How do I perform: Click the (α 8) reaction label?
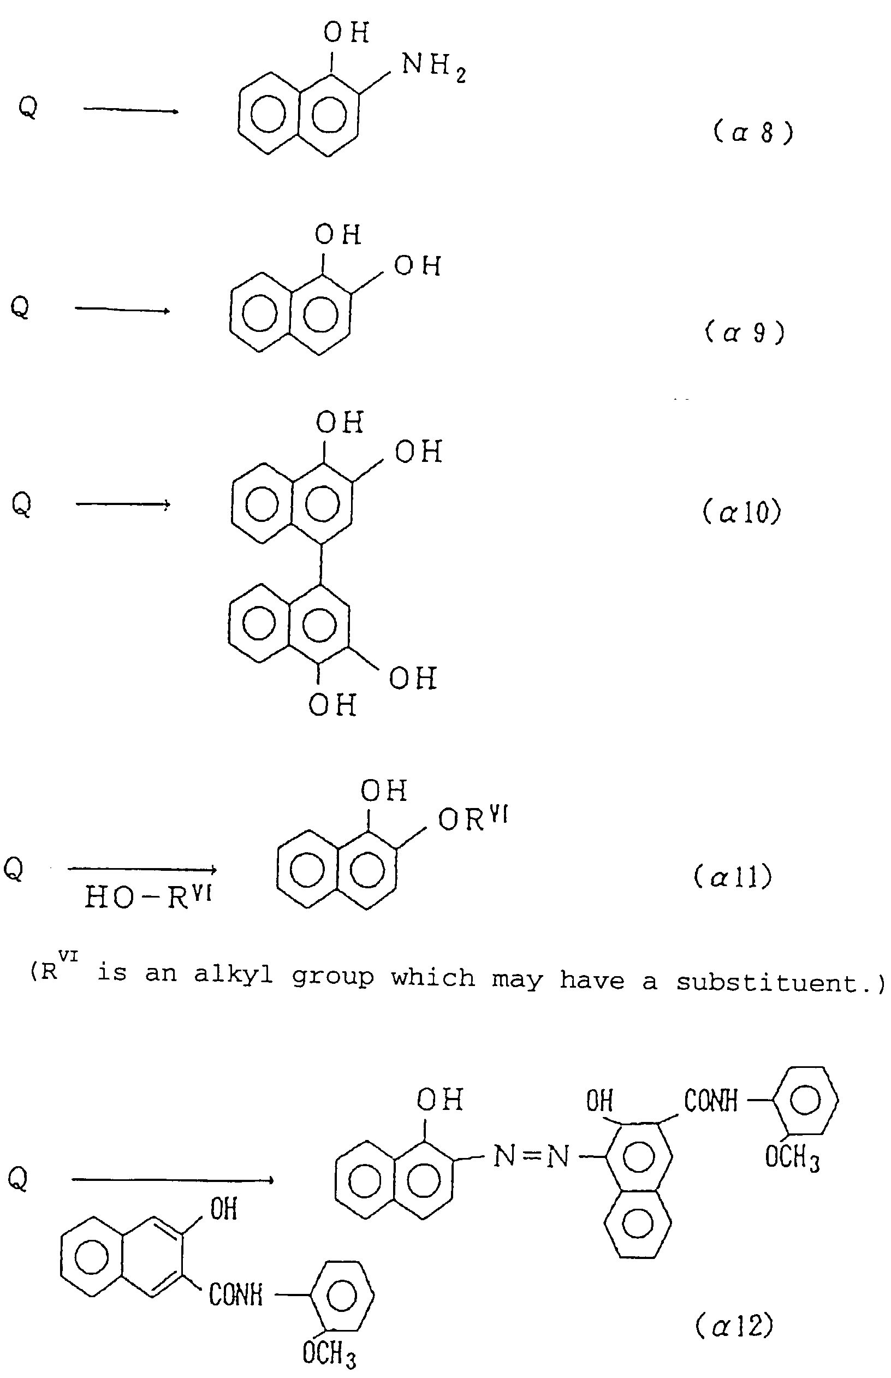[x=753, y=133]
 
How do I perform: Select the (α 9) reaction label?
[x=745, y=332]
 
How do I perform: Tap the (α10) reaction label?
[x=742, y=512]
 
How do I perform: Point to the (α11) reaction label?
[x=733, y=877]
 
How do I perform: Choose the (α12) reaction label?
[x=734, y=1326]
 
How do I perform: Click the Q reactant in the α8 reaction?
[x=27, y=106]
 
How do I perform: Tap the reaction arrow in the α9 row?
[x=122, y=310]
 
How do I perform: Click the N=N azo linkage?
[x=531, y=1156]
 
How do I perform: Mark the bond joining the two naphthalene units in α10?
[x=321, y=564]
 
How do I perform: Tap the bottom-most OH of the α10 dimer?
[x=331, y=705]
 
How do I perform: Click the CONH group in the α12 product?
[x=710, y=1100]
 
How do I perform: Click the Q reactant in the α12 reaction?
[x=17, y=1178]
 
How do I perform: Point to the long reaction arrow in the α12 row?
[x=173, y=1180]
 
